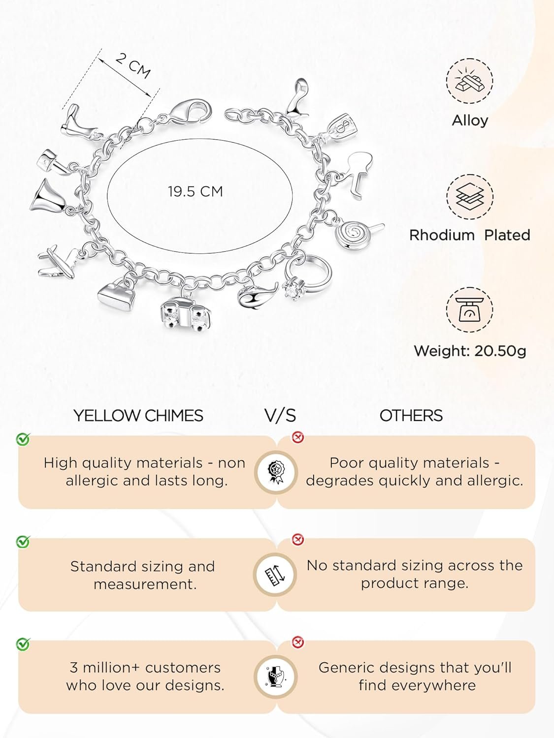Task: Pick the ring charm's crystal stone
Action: click(x=292, y=289)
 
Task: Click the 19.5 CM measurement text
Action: click(x=196, y=192)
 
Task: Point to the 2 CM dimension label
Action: click(x=133, y=65)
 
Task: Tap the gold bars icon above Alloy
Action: click(x=470, y=81)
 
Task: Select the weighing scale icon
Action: click(x=470, y=309)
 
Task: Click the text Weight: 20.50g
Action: click(x=470, y=351)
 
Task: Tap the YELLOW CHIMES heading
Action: click(x=138, y=416)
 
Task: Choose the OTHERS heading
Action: click(x=411, y=416)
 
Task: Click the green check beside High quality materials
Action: click(x=23, y=439)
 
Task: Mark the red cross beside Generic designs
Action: click(x=298, y=642)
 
